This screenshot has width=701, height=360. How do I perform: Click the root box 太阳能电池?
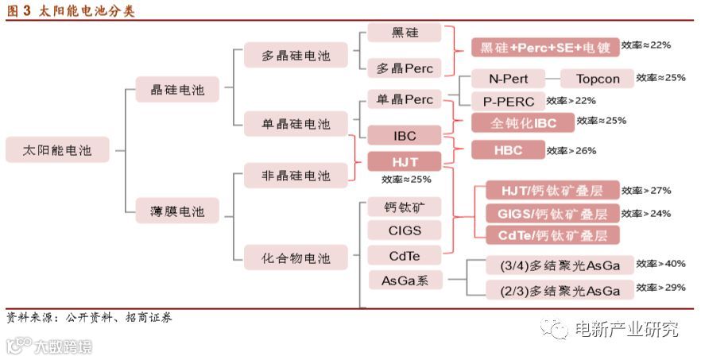(x=57, y=149)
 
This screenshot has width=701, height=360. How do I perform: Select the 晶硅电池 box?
(x=176, y=90)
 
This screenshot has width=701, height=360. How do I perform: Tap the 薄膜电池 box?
(x=176, y=211)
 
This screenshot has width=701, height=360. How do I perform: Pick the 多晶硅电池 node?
(x=296, y=56)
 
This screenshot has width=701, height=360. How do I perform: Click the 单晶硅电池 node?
(x=296, y=124)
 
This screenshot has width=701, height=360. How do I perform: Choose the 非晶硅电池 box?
(x=296, y=176)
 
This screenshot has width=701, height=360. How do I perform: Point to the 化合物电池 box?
(x=296, y=257)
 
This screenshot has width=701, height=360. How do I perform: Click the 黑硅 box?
(x=405, y=33)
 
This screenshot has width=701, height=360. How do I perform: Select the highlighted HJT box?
(x=405, y=161)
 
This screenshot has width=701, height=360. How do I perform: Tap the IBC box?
(x=405, y=135)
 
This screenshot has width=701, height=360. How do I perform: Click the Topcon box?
(x=597, y=79)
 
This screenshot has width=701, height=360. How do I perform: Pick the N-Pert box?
(x=508, y=79)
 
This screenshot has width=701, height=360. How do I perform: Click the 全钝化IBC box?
(x=523, y=122)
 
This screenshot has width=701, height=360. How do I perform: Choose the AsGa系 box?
(x=405, y=280)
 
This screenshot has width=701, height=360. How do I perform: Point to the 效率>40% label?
(x=660, y=264)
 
